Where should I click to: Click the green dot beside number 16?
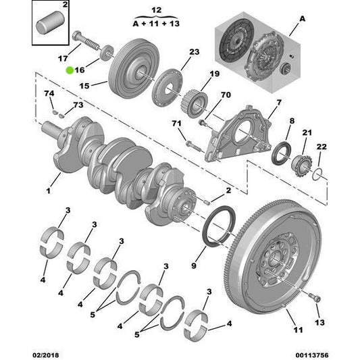click(x=70, y=70)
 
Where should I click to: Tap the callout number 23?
click(x=194, y=52)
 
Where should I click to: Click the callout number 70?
click(x=226, y=95)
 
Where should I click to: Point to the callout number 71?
click(x=177, y=124)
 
